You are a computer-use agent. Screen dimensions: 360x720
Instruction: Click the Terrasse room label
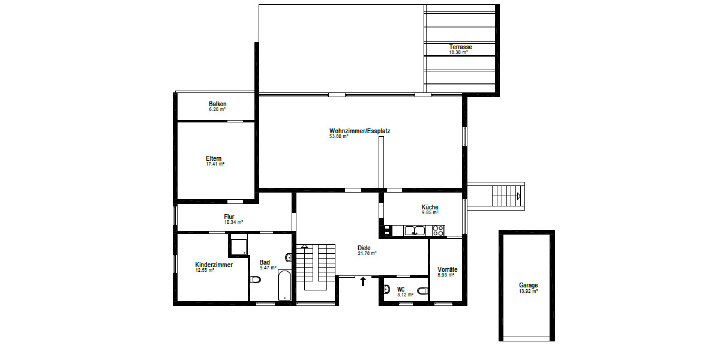pyautogui.click(x=461, y=47)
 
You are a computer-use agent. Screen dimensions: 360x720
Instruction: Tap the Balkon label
pyautogui.click(x=217, y=104)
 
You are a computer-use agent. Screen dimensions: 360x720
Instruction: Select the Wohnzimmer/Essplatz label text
pyautogui.click(x=359, y=131)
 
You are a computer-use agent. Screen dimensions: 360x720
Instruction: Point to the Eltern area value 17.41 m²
pyautogui.click(x=215, y=164)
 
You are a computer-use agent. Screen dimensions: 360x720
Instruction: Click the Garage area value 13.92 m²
pyautogui.click(x=528, y=291)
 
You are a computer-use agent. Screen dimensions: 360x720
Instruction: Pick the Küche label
pyautogui.click(x=430, y=207)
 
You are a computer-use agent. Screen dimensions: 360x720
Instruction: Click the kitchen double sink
pyautogui.click(x=414, y=230)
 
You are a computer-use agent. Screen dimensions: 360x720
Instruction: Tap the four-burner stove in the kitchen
pyautogui.click(x=438, y=230)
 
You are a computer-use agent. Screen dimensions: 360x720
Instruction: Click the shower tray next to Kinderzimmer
pyautogui.click(x=239, y=245)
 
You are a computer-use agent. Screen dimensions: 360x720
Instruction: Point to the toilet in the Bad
pyautogui.click(x=255, y=280)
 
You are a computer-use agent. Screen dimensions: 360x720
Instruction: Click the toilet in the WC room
pyautogui.click(x=422, y=291)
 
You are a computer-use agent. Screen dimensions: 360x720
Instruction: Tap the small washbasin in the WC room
pyautogui.click(x=387, y=288)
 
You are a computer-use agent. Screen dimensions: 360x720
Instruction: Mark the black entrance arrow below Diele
pyautogui.click(x=362, y=281)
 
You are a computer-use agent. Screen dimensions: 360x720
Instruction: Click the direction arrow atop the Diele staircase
pyautogui.click(x=305, y=246)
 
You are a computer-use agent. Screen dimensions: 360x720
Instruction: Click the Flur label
pyautogui.click(x=229, y=217)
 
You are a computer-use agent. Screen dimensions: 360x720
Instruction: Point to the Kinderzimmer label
pyautogui.click(x=214, y=265)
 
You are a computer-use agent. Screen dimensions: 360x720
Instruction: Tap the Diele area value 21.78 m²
pyautogui.click(x=367, y=253)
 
